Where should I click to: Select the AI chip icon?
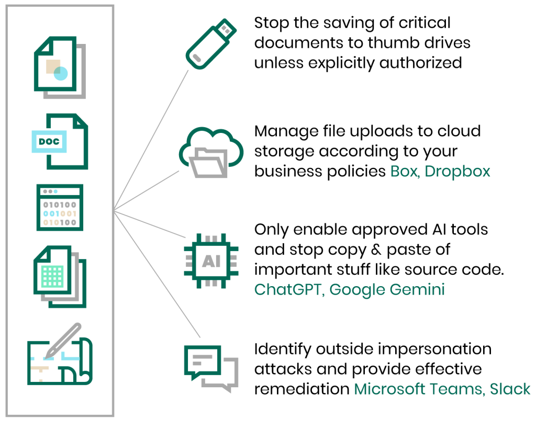[x=211, y=261]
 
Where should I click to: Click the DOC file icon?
[x=60, y=141]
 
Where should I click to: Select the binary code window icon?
[x=60, y=207]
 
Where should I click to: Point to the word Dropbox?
[x=457, y=172]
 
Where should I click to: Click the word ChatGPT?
[x=288, y=290]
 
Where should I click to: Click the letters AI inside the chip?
[x=211, y=261]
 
